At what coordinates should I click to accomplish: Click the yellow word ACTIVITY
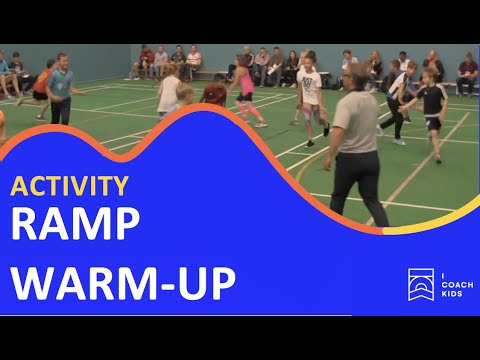(x=70, y=187)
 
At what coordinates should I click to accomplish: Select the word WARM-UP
(x=123, y=283)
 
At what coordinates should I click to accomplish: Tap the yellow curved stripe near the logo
(x=440, y=225)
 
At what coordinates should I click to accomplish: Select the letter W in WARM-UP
(x=34, y=283)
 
